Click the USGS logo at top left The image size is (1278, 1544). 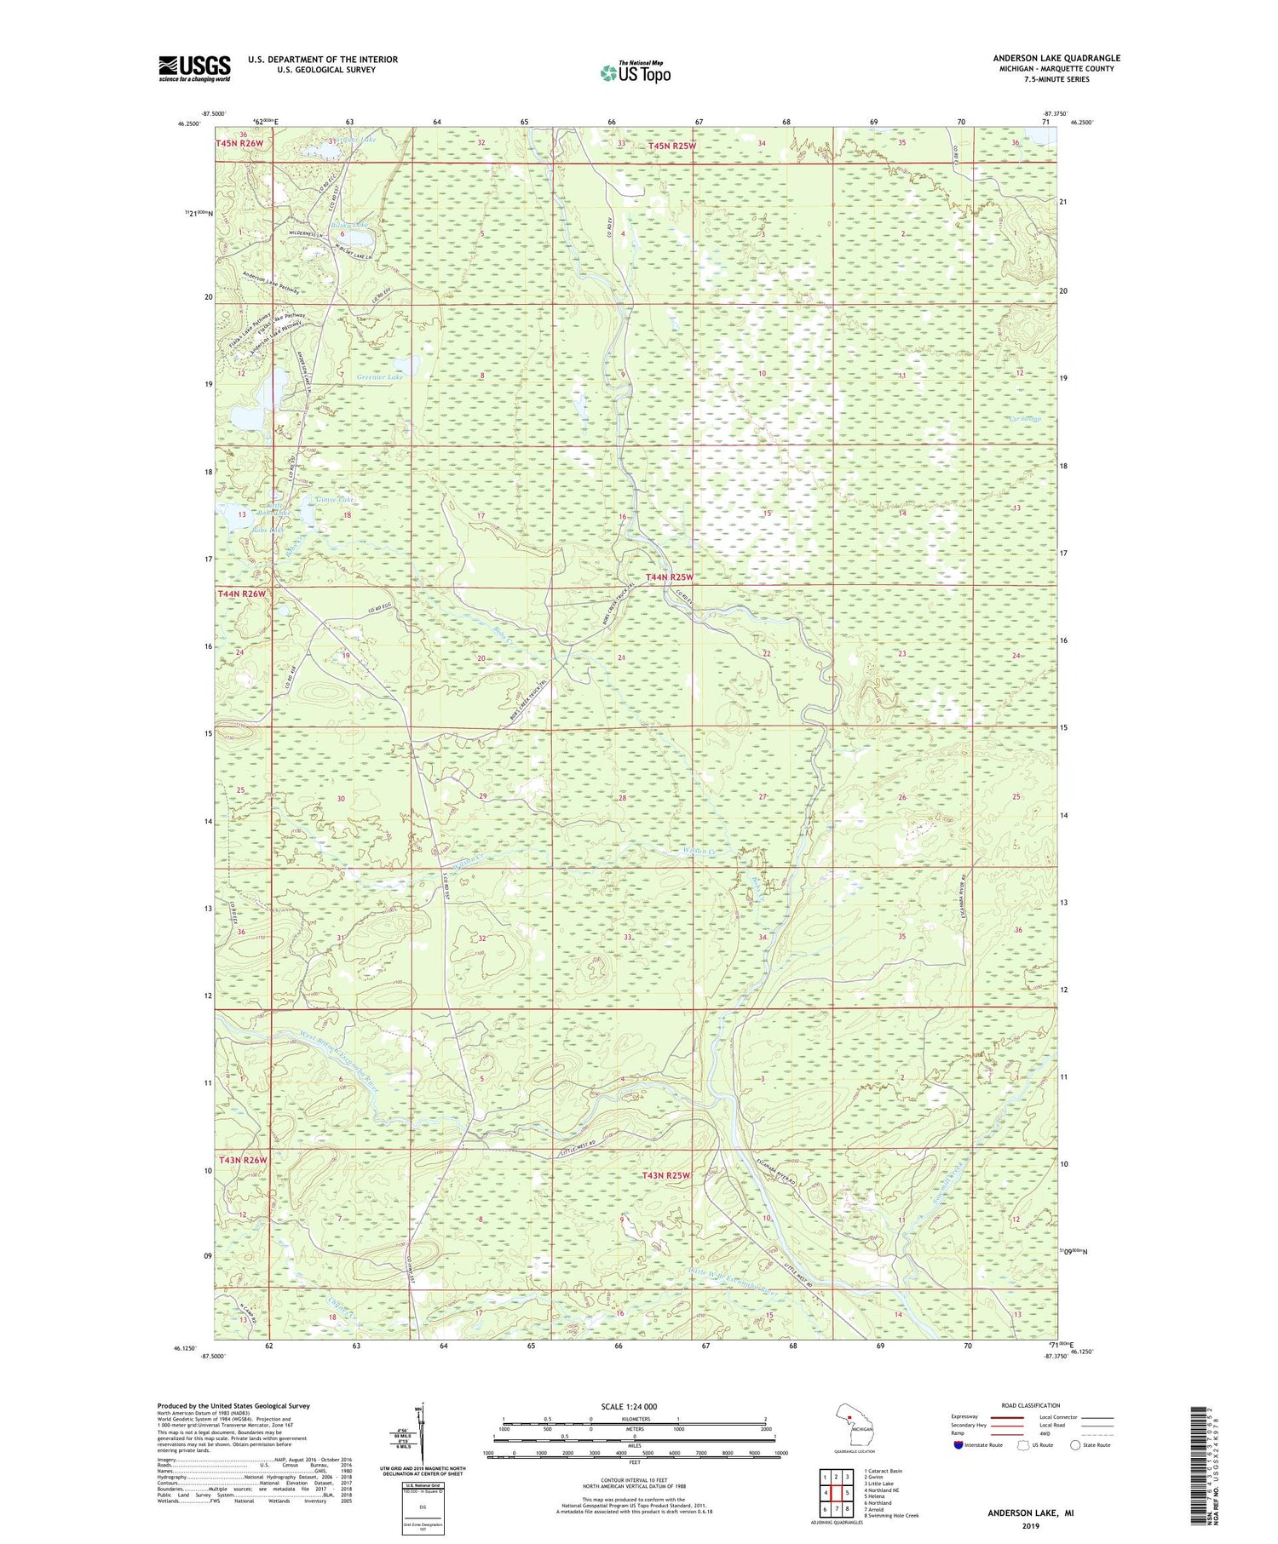tap(194, 68)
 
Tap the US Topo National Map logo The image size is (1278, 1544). tap(635, 72)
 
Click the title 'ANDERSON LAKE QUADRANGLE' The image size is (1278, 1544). tap(1056, 58)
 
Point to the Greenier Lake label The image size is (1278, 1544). tap(379, 376)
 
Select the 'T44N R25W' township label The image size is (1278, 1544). tap(671, 577)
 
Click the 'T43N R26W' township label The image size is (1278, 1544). tap(243, 1160)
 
